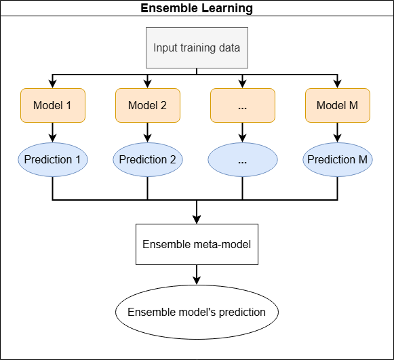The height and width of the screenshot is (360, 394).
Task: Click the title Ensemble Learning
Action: (197, 9)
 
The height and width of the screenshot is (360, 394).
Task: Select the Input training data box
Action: (197, 47)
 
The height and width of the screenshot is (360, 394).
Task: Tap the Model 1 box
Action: (53, 106)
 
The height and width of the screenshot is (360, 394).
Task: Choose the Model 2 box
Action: (147, 106)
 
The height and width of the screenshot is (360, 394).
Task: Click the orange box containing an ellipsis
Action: (243, 106)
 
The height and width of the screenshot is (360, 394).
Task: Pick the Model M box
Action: (337, 106)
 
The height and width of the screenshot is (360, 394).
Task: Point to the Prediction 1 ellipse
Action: (53, 160)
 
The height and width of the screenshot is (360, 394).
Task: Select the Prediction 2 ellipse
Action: (147, 160)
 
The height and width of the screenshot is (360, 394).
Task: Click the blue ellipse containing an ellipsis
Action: (243, 160)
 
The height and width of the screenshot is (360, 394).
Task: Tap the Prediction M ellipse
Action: (337, 160)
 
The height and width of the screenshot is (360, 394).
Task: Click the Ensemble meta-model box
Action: (197, 243)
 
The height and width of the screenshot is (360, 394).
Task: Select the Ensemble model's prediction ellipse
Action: (197, 313)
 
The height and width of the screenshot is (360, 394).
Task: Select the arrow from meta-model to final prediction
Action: (197, 275)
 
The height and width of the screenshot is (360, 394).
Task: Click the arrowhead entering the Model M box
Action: (337, 84)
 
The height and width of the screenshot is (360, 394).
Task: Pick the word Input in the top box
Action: (165, 47)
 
